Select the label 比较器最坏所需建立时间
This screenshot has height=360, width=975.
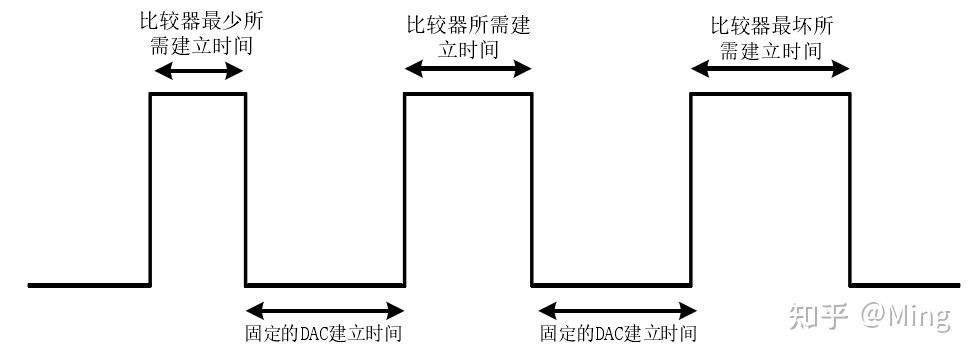[769, 36]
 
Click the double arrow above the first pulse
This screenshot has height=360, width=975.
[198, 70]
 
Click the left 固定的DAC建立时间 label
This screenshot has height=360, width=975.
[324, 334]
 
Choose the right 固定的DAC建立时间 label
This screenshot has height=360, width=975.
[618, 334]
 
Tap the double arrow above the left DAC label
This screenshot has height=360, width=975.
[325, 310]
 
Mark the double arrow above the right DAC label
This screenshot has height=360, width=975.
[612, 310]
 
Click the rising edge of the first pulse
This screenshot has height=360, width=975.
[151, 190]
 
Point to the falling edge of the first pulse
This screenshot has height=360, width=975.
[245, 190]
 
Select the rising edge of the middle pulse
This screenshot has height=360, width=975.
[405, 190]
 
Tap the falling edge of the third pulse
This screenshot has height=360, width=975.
[850, 190]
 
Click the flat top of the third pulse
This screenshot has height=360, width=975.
[770, 94]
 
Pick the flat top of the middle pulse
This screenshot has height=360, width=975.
[468, 94]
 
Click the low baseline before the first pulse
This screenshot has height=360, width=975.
[90, 285]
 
